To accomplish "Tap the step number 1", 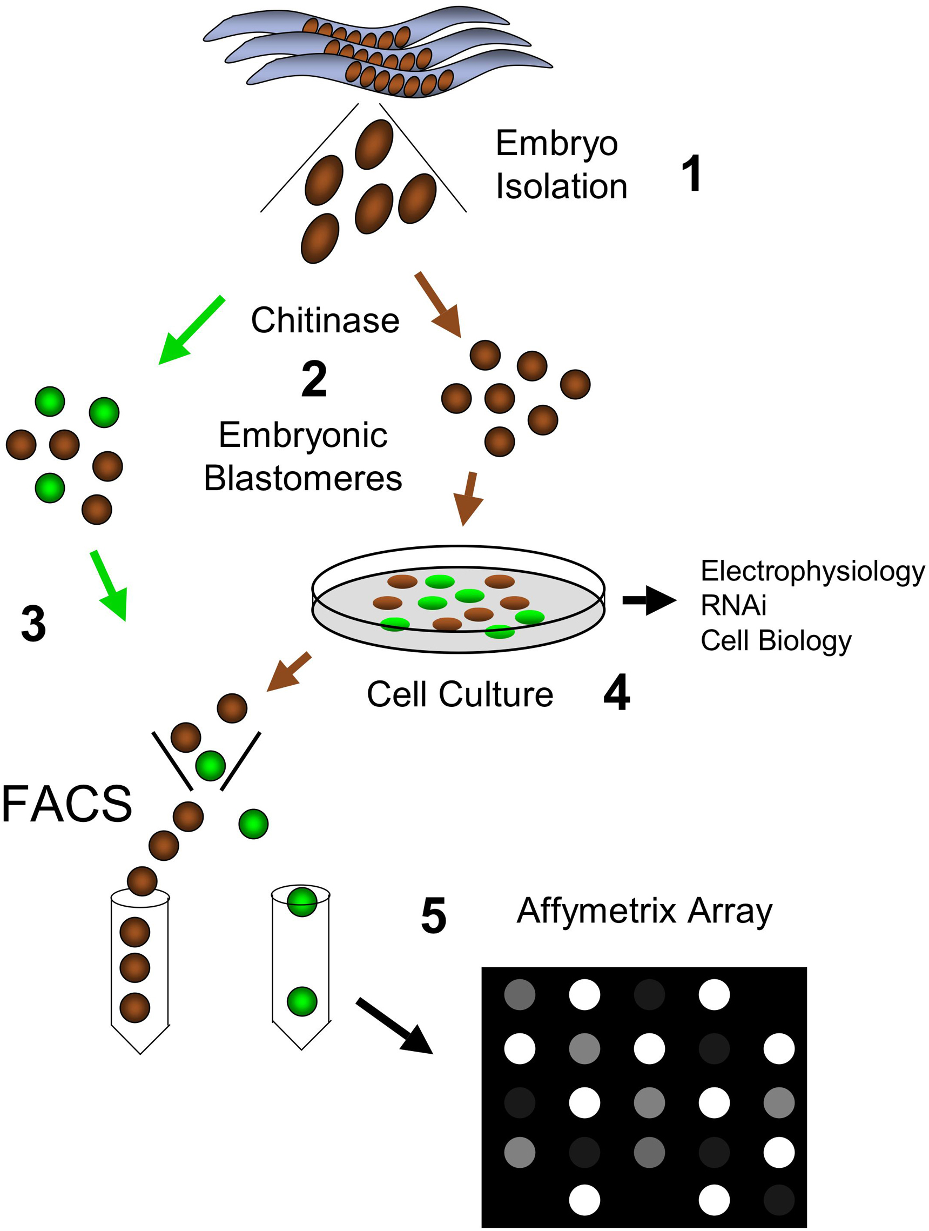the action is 691,173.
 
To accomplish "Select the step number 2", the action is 314,378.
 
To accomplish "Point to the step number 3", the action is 33,623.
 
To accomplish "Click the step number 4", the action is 616,692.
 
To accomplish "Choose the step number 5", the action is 433,915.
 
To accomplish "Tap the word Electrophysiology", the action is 812,572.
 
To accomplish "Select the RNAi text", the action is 733,605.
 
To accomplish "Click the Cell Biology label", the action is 776,640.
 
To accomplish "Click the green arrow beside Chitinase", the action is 191,331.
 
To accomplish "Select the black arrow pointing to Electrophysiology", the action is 649,600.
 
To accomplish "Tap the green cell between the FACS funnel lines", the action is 210,766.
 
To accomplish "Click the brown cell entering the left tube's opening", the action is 143,881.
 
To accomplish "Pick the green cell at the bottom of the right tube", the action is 302,1002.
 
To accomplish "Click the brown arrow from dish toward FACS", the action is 289,672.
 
